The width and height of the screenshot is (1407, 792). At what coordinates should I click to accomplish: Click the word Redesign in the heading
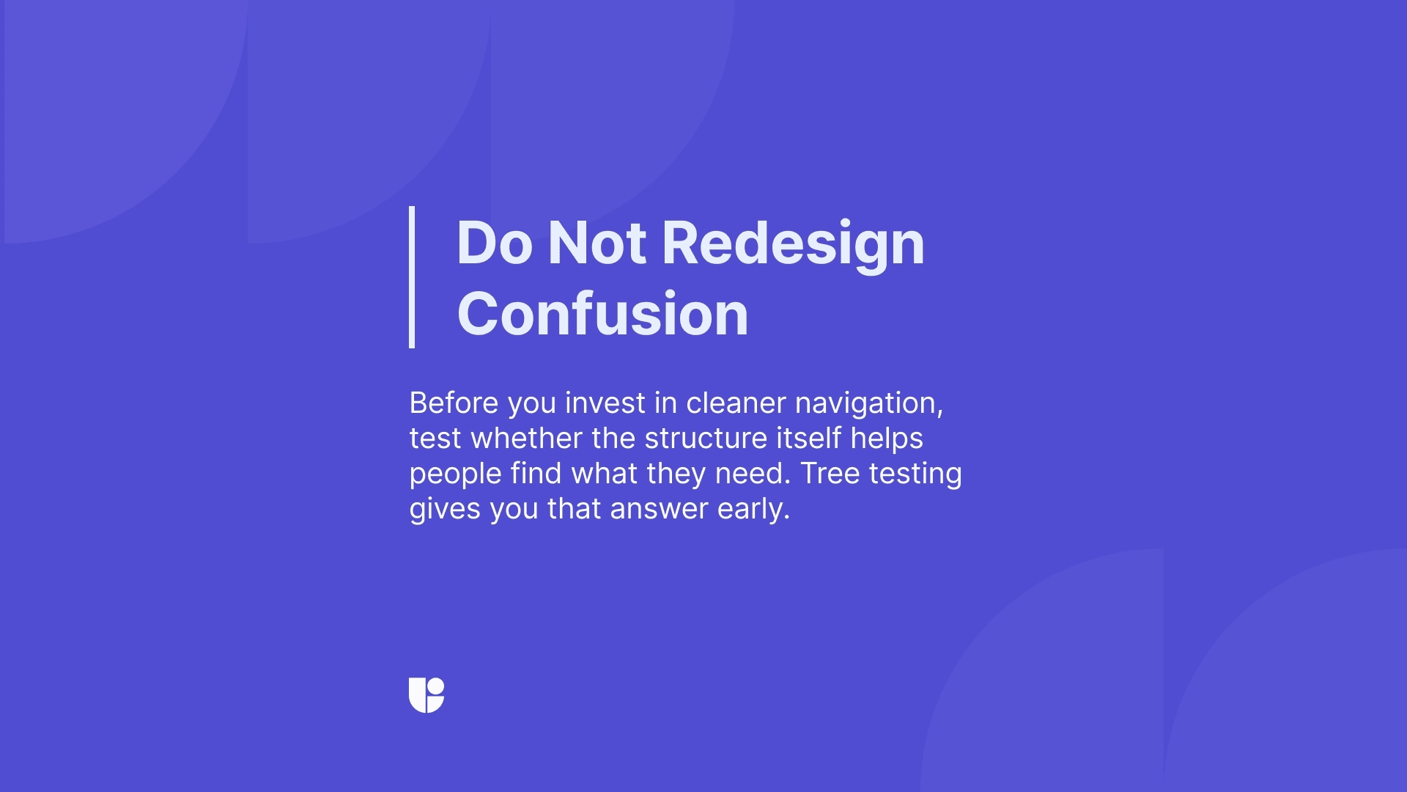coord(793,243)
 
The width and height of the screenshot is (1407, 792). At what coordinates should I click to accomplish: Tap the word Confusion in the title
coord(602,314)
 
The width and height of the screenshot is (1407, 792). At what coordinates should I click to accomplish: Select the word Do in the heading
coord(494,243)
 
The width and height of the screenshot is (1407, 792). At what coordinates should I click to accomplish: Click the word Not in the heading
coord(597,243)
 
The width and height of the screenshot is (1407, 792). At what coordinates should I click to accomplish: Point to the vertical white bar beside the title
coord(412,277)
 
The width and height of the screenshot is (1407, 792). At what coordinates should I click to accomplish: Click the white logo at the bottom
coord(426,695)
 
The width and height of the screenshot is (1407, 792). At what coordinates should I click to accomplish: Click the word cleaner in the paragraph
coord(736,403)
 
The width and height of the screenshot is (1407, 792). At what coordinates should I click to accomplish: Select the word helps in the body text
coord(887,439)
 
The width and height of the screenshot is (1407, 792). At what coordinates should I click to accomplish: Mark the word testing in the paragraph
coord(915,474)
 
